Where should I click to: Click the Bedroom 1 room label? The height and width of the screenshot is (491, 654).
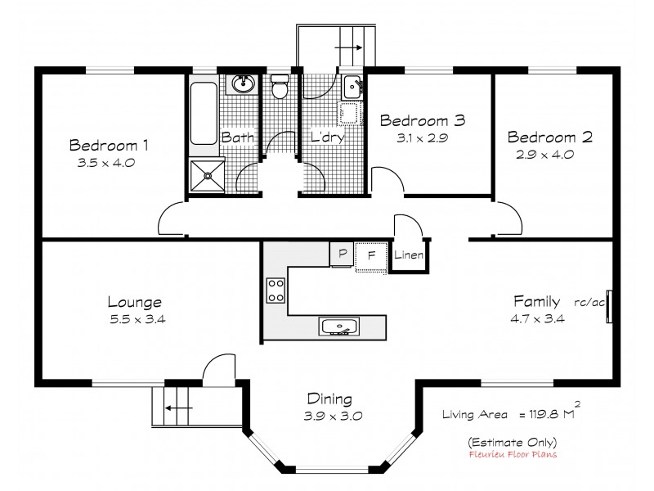(x=109, y=146)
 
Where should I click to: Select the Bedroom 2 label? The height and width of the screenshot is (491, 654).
(x=544, y=136)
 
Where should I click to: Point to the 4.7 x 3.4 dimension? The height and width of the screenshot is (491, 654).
(x=539, y=318)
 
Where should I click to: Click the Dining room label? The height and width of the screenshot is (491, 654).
(x=329, y=399)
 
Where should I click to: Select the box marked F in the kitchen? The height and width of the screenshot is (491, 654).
(x=370, y=255)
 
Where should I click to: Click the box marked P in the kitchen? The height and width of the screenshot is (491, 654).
(x=341, y=255)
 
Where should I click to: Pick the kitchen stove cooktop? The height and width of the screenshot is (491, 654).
(x=275, y=290)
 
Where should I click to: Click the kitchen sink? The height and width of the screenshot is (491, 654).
(x=338, y=327)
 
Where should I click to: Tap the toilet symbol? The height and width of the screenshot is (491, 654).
(x=280, y=87)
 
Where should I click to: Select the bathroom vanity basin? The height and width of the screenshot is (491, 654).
(x=243, y=83)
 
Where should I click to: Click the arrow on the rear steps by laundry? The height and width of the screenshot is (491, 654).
(x=349, y=48)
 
